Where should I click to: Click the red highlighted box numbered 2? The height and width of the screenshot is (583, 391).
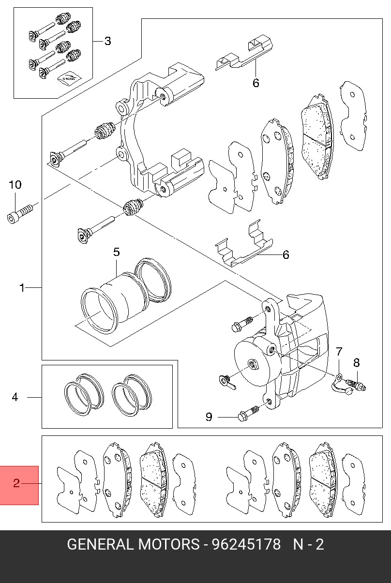click(x=19, y=485)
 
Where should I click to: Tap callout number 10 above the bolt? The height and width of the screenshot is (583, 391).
click(x=15, y=185)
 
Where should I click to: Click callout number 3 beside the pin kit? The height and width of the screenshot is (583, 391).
click(x=107, y=41)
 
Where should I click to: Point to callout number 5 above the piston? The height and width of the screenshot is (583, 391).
click(x=116, y=252)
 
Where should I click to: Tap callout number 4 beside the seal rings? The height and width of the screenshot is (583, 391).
click(x=15, y=397)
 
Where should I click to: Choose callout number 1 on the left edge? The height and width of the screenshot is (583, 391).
click(x=22, y=288)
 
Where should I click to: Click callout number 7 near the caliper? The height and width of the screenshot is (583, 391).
click(x=339, y=352)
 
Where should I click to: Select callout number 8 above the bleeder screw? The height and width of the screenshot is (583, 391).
click(x=357, y=362)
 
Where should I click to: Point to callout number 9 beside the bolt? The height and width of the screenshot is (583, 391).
click(x=209, y=417)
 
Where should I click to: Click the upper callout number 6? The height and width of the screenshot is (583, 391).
click(x=256, y=83)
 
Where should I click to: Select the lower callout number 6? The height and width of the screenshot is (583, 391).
click(x=286, y=254)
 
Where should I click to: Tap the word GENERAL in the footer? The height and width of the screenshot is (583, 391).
click(x=100, y=545)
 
